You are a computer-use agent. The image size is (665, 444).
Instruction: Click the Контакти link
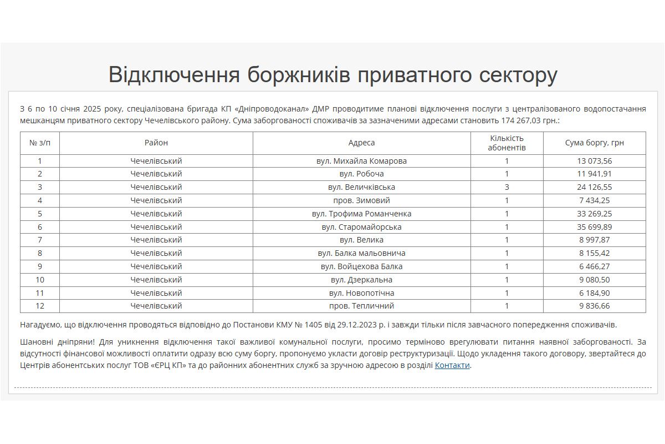pyautogui.click(x=452, y=365)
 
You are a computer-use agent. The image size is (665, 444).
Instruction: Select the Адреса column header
pyautogui.click(x=361, y=143)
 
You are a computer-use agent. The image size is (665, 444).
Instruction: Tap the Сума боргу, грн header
pyautogui.click(x=594, y=143)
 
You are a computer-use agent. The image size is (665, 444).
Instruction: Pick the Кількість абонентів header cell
pyautogui.click(x=507, y=143)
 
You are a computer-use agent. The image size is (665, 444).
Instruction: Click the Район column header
pyautogui.click(x=156, y=143)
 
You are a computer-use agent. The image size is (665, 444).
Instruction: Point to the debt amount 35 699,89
pyautogui.click(x=594, y=227)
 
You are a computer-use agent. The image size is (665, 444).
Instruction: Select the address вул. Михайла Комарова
pyautogui.click(x=361, y=161)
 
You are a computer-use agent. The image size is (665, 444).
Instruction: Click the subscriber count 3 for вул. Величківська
pyautogui.click(x=507, y=187)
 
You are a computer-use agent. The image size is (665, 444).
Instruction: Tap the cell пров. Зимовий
pyautogui.click(x=361, y=200)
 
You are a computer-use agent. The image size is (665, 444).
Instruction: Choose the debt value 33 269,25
pyautogui.click(x=594, y=214)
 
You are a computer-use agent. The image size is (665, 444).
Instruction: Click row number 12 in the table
pyautogui.click(x=40, y=306)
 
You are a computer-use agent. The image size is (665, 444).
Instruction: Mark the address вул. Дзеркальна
pyautogui.click(x=361, y=280)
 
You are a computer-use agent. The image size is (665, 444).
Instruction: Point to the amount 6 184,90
pyautogui.click(x=594, y=293)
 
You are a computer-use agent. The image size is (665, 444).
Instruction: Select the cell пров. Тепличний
pyautogui.click(x=361, y=306)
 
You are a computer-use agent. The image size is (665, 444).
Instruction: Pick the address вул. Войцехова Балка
pyautogui.click(x=361, y=266)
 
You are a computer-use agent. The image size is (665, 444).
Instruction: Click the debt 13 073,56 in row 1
pyautogui.click(x=594, y=161)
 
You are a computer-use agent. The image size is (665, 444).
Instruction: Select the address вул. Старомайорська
pyautogui.click(x=361, y=227)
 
